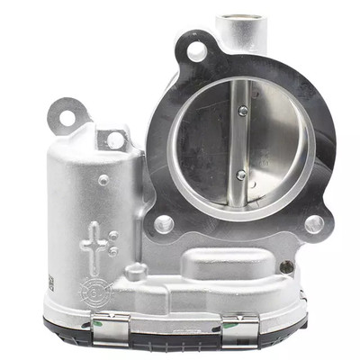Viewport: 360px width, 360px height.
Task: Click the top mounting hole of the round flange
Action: pos(196,51)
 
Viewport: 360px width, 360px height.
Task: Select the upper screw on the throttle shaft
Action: pos(242,111)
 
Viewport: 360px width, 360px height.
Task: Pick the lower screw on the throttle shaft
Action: pos(240,175)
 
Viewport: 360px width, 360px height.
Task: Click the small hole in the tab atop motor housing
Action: pos(114,139)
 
